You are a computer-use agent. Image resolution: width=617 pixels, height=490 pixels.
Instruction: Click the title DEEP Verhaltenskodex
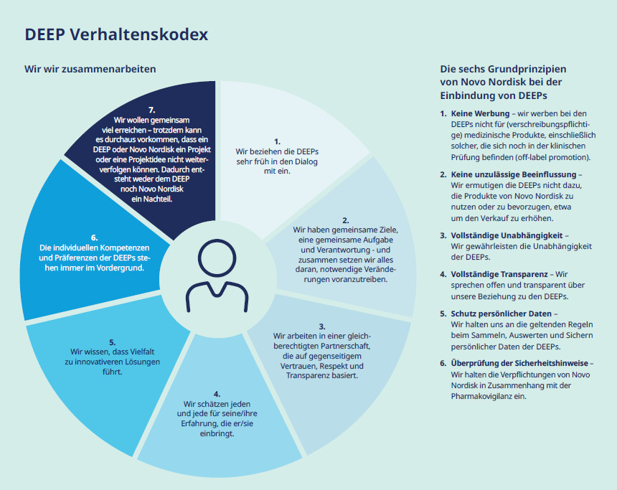point(116,34)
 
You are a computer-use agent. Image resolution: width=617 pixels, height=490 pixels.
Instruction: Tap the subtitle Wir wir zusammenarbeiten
point(90,69)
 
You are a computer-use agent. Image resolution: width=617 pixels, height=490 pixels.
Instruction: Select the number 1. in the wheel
point(277,142)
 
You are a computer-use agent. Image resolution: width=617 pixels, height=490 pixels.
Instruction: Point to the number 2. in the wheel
point(345,220)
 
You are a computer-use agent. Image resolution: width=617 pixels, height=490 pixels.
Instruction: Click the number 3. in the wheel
point(322,326)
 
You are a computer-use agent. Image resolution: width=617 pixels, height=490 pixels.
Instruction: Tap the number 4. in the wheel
point(217,394)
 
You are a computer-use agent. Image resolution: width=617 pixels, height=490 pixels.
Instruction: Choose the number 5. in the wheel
point(112,342)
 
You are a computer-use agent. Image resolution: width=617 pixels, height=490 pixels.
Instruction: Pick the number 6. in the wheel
point(94,237)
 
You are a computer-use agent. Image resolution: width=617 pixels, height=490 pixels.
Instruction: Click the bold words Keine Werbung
point(479,113)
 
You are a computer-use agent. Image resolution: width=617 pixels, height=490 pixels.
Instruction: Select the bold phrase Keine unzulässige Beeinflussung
point(514,174)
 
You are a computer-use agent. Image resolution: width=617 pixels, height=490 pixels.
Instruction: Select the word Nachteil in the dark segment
point(157,199)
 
